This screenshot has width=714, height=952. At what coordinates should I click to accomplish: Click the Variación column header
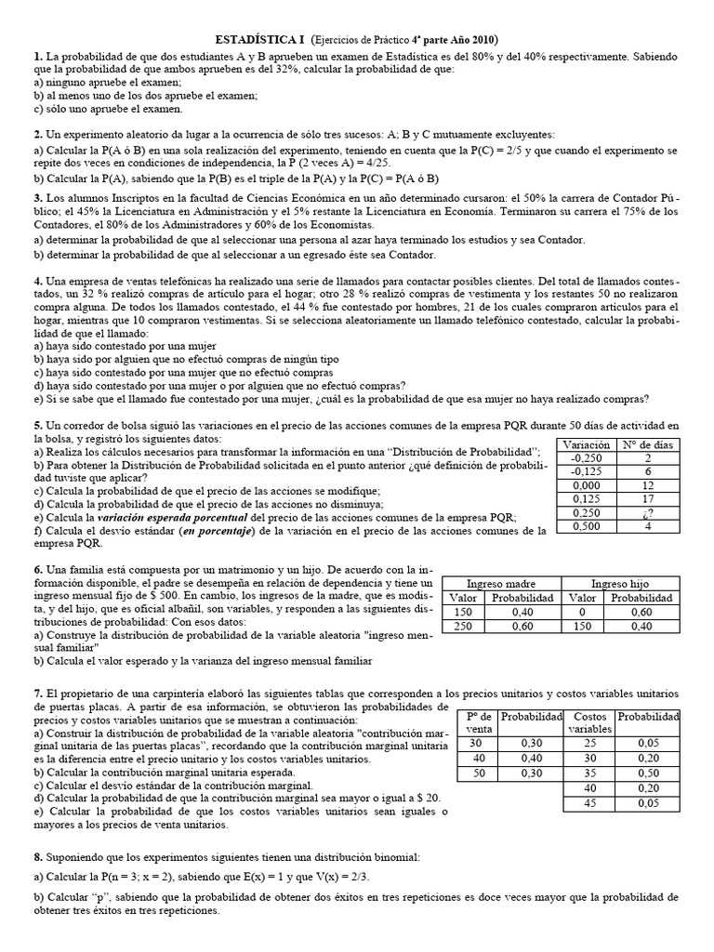click(x=586, y=444)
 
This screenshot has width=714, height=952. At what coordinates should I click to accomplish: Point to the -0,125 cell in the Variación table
click(x=586, y=471)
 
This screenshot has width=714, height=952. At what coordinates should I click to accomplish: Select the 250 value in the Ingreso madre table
click(x=463, y=626)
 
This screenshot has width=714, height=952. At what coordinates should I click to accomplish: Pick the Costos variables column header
click(x=591, y=723)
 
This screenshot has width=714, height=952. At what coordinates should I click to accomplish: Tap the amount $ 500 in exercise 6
click(x=163, y=595)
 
